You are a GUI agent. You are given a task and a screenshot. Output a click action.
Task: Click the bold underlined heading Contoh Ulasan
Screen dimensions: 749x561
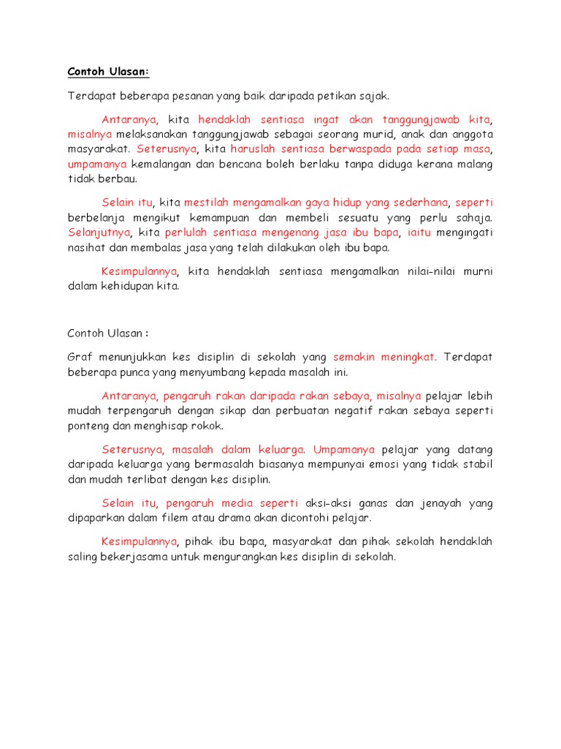point(108,72)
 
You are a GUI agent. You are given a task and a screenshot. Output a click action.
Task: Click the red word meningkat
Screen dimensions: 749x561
point(405,357)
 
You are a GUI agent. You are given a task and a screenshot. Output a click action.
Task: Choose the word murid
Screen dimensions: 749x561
point(356,135)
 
